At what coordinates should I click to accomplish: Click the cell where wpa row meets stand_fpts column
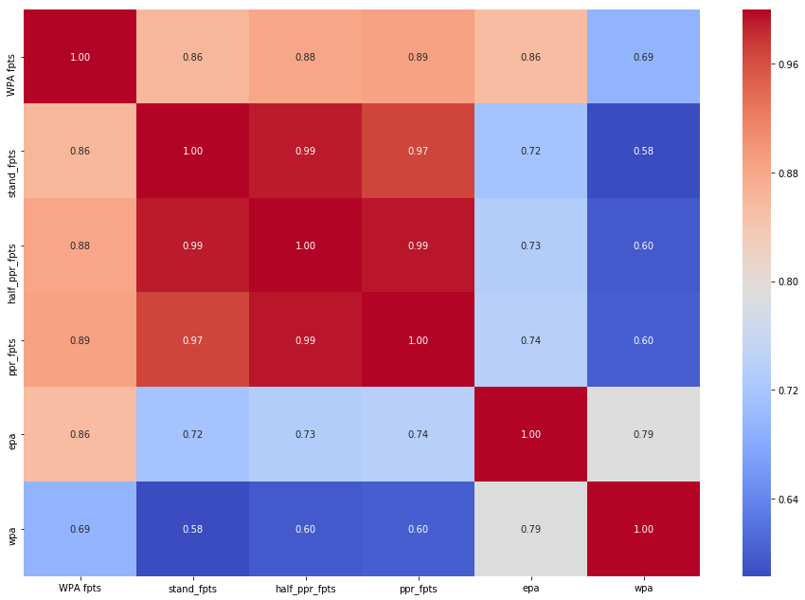pos(192,528)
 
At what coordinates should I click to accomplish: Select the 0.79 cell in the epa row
pos(643,434)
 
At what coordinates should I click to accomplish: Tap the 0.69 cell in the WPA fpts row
pos(643,56)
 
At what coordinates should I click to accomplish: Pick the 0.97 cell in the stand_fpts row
pos(418,151)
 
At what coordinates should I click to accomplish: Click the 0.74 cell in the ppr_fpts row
pos(530,339)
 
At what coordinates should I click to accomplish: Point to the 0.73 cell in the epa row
pos(305,434)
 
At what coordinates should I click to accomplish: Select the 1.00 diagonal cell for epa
pos(530,434)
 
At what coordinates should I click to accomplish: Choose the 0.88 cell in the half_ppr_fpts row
pos(80,245)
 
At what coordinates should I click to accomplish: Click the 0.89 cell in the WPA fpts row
pos(418,56)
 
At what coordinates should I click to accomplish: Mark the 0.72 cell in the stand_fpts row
pos(530,151)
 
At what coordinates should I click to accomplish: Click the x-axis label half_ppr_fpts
pos(305,589)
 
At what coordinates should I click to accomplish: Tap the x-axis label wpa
pos(643,589)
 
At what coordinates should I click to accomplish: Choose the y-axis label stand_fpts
pos(10,151)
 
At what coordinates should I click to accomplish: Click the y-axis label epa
pos(10,434)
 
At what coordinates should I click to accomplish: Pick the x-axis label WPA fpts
pos(80,589)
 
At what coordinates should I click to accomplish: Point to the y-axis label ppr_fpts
pos(10,339)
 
